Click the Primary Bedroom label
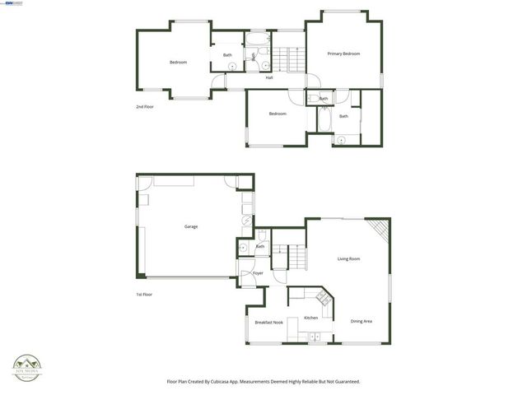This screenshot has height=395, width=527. [343, 54]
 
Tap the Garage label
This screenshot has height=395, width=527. [190, 226]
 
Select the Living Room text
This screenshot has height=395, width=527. [348, 259]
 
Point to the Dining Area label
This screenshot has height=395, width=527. [361, 321]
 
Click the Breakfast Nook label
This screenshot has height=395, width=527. [268, 322]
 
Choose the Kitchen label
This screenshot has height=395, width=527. [310, 318]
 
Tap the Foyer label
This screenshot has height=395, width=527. [258, 273]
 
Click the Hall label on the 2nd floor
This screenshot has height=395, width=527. [269, 78]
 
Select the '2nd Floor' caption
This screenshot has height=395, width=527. [145, 107]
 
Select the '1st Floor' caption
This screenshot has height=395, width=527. [145, 294]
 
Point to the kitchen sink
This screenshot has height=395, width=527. [312, 335]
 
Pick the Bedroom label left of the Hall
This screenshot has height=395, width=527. [179, 63]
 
